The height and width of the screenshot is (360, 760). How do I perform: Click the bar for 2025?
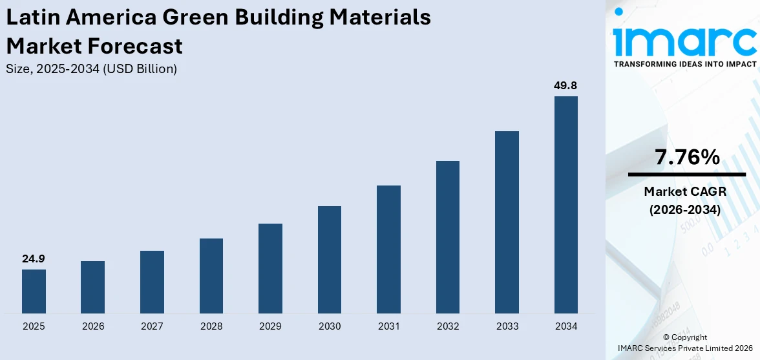tap(34, 291)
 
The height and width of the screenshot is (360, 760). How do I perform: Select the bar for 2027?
tap(152, 282)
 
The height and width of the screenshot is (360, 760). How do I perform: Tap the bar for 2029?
tap(270, 268)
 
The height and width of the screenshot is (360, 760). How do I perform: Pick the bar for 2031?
tap(388, 249)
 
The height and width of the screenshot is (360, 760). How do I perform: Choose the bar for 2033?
tap(507, 222)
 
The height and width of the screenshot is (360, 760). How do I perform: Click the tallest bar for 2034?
tap(565, 205)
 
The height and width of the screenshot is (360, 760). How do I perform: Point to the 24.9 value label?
tap(34, 259)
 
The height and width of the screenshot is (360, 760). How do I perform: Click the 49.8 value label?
tap(565, 85)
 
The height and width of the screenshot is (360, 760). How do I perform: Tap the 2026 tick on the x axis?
tap(93, 326)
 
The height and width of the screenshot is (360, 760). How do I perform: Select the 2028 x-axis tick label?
tap(211, 326)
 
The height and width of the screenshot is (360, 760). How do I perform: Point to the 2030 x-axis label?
tap(330, 326)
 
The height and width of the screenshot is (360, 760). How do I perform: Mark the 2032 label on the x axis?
tap(448, 326)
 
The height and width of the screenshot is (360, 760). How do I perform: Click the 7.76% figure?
tap(687, 157)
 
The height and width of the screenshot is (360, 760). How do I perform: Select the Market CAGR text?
tap(685, 191)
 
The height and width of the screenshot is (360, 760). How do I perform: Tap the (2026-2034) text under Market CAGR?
tap(685, 209)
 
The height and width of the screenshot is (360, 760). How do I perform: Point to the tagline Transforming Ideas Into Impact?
tap(684, 64)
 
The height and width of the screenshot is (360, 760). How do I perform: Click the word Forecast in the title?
tap(139, 46)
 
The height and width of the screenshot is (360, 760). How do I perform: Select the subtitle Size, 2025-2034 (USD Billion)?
tap(91, 69)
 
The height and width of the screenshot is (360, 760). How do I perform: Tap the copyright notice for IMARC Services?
tap(685, 343)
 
